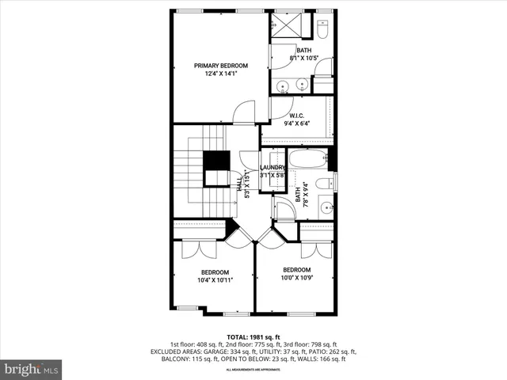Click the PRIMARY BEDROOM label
(x=222, y=66)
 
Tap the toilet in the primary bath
(x=322, y=29)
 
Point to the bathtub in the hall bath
(x=307, y=159)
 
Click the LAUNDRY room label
(x=273, y=168)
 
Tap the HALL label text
(x=240, y=183)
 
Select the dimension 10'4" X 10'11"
(x=214, y=280)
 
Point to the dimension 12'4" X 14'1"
(x=222, y=74)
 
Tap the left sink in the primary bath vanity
(x=283, y=85)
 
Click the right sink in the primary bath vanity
(x=302, y=85)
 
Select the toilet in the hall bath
(x=325, y=184)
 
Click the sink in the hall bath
(x=326, y=208)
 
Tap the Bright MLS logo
(x=32, y=368)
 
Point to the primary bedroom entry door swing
(x=245, y=112)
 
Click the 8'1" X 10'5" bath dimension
(x=303, y=58)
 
